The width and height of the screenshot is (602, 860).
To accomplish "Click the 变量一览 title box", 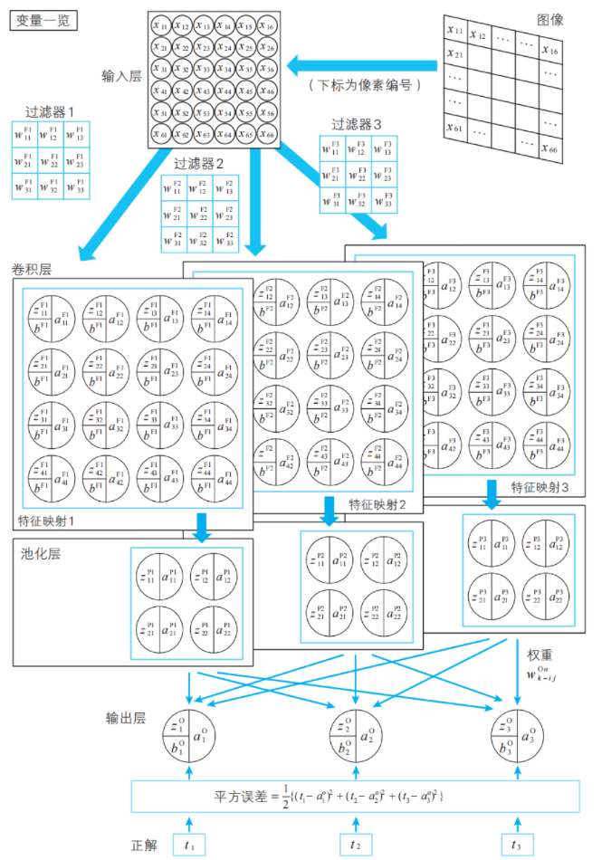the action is pos(44,20).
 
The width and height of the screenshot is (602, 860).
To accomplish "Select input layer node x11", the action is pos(160,25).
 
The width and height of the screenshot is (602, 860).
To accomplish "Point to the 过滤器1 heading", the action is pos(51,113).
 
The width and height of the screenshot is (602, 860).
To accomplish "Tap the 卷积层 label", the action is pos(32,270).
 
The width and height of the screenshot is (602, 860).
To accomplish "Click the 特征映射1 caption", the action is pos(45,521).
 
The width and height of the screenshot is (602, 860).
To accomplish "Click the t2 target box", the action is pos(353,844).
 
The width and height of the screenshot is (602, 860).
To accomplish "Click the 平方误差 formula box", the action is pos(353,795).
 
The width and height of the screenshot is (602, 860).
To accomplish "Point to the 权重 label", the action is pos(540,653).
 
